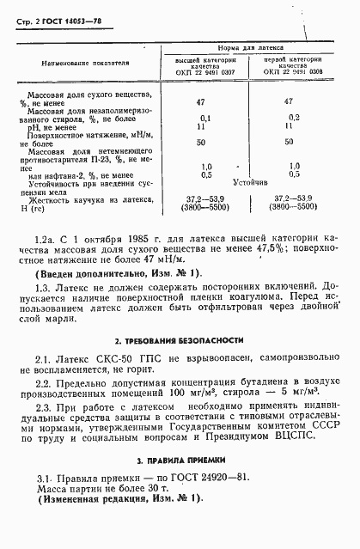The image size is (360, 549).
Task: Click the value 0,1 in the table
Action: tap(204, 118)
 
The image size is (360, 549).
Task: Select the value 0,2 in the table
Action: tap(294, 118)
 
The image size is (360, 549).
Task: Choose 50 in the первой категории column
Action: tap(289, 142)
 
